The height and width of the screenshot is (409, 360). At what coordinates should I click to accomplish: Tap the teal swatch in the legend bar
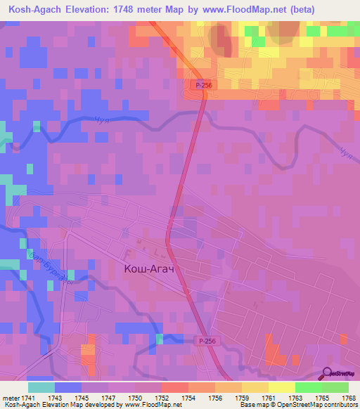pyautogui.click(x=41, y=387)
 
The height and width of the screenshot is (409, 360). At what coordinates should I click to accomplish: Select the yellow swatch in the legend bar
pyautogui.click(x=282, y=387)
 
